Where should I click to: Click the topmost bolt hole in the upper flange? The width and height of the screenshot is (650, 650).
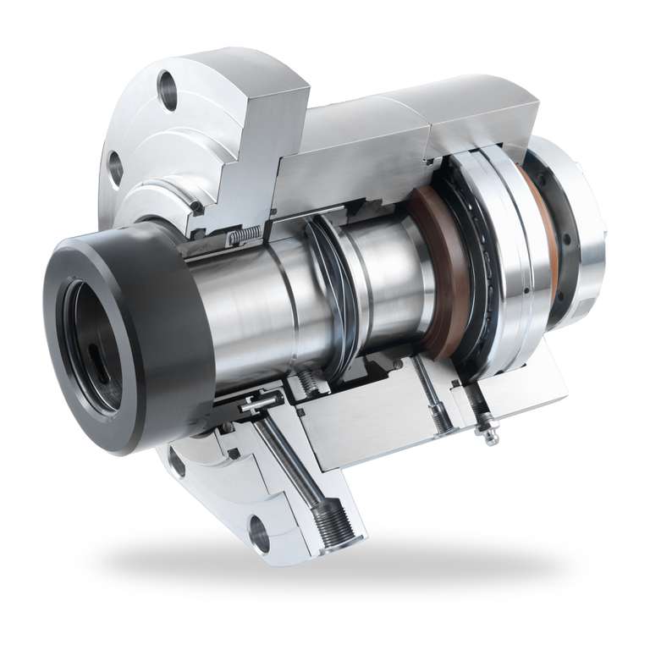click(168, 90)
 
